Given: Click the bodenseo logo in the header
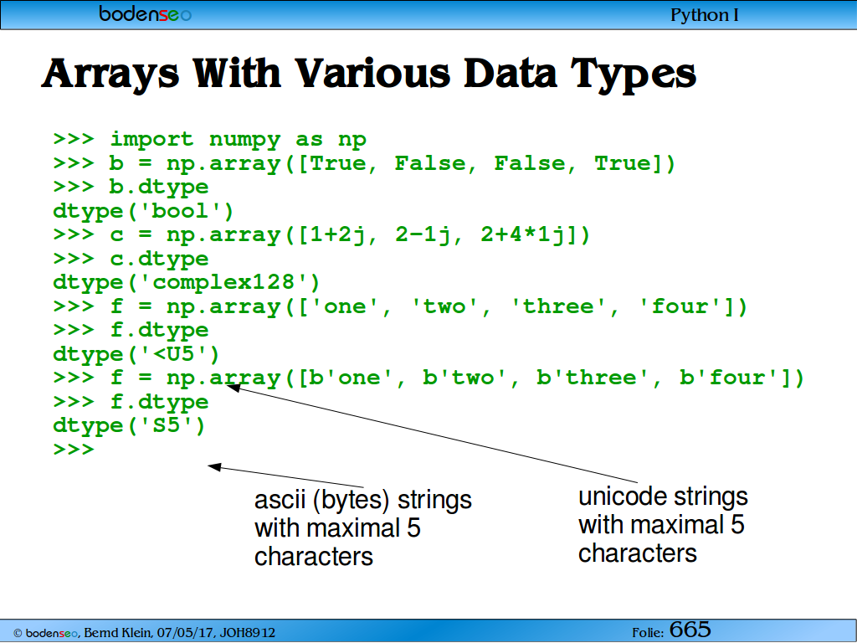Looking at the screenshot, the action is [x=145, y=13].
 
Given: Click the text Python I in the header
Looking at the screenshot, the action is [x=705, y=15].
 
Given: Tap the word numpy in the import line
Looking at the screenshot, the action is [x=245, y=140].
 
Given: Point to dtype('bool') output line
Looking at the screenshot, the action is [x=143, y=211].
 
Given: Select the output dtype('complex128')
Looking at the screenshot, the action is [x=187, y=283].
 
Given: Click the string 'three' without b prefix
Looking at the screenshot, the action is [x=557, y=306].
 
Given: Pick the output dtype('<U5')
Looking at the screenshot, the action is [x=136, y=354].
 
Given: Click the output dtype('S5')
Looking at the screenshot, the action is [x=129, y=425].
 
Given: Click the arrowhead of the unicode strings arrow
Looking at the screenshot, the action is [x=233, y=387].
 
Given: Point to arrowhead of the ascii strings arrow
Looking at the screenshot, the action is [x=214, y=467].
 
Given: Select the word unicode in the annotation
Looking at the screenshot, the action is [x=623, y=496].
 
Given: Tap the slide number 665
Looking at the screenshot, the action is [x=690, y=630].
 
